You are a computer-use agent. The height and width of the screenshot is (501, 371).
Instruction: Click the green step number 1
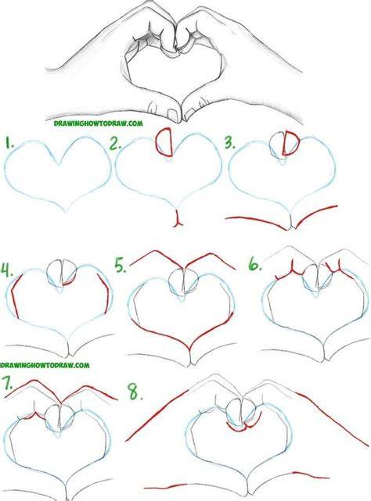coord(9,142)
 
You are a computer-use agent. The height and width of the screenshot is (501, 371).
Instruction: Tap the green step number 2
coord(115,144)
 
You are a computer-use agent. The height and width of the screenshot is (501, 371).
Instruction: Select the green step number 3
coord(229,143)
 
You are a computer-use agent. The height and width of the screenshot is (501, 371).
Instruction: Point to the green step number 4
coord(6,270)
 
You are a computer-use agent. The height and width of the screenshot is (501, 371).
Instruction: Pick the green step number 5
coord(121,266)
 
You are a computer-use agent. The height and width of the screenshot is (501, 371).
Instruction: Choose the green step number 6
coord(255,264)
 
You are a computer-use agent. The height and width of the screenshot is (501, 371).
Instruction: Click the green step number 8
coord(135,392)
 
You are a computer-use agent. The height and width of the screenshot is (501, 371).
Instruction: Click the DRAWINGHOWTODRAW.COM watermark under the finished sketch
coord(99,123)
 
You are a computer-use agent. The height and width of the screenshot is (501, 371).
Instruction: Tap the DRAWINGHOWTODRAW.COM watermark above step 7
coord(45,365)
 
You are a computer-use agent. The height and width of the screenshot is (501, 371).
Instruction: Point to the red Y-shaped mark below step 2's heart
coord(178,218)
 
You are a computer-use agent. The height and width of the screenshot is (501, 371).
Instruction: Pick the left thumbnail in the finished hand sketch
coord(172,113)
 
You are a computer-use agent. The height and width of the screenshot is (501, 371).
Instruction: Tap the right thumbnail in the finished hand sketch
coord(190,113)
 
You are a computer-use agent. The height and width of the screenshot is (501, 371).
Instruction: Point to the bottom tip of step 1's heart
coord(66,212)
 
